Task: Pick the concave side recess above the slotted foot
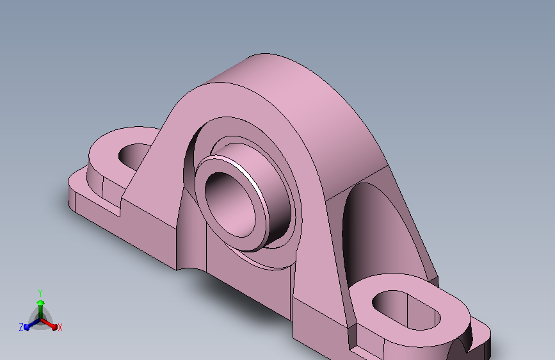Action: click(x=371, y=231)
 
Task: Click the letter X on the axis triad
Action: click(x=60, y=328)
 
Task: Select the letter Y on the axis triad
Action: click(x=40, y=292)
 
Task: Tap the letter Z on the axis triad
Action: click(x=21, y=327)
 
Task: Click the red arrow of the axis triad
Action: click(x=51, y=324)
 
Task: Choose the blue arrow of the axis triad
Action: click(x=29, y=325)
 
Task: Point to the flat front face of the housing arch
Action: click(x=314, y=192)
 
